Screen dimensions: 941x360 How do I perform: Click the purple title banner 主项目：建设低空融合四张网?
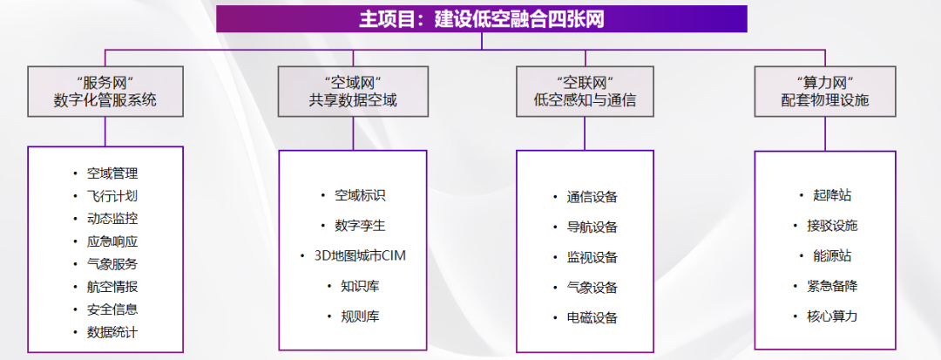click(481, 18)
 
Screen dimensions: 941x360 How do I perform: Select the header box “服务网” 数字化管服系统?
click(105, 92)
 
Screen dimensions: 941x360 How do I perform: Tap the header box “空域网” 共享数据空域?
click(353, 92)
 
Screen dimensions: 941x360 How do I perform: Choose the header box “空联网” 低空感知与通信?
click(586, 92)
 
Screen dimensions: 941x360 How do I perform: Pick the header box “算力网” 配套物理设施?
click(825, 92)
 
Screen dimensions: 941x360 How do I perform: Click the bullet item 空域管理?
click(112, 173)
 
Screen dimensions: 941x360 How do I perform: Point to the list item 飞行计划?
click(112, 196)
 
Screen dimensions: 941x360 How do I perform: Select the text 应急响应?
click(112, 241)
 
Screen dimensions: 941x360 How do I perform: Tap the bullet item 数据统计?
click(112, 332)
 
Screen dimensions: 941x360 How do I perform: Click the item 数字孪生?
click(360, 226)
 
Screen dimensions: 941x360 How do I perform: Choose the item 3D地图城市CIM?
click(360, 255)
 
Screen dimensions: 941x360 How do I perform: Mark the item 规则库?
click(360, 316)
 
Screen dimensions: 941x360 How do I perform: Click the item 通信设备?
click(592, 197)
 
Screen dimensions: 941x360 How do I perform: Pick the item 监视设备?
click(592, 257)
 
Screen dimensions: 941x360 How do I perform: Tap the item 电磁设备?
click(592, 317)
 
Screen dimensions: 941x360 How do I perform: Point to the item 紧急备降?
click(832, 286)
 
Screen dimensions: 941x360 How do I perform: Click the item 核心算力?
click(832, 316)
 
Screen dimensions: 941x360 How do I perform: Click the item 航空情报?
click(112, 287)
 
